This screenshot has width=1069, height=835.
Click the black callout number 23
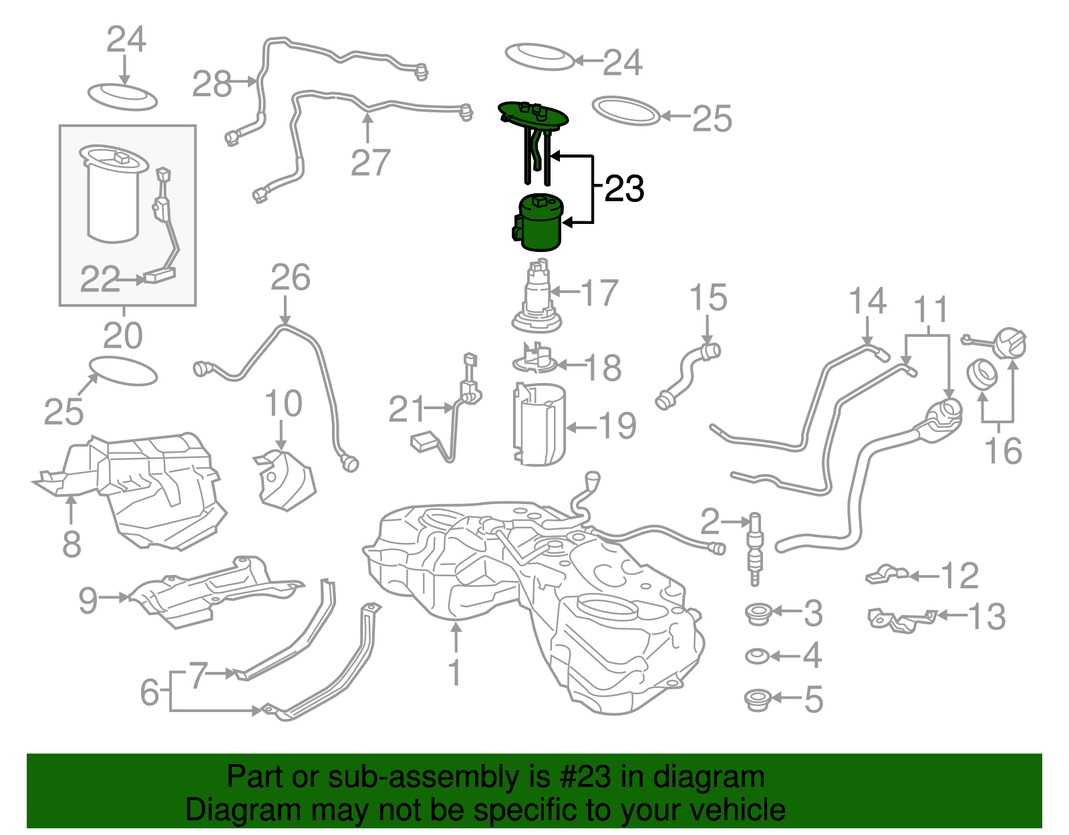coord(624,189)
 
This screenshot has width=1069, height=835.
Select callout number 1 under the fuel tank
coord(454,673)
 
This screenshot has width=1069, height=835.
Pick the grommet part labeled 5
coord(758,700)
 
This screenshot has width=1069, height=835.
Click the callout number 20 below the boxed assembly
coord(123,336)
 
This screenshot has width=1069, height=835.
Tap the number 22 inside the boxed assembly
coord(100,279)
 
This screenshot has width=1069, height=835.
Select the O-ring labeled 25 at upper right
coord(626,111)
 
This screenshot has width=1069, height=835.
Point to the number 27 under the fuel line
coord(370,162)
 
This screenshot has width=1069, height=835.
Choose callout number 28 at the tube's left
coord(212,85)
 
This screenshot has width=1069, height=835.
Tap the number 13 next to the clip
coord(986,616)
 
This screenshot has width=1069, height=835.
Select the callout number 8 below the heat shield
coord(71,544)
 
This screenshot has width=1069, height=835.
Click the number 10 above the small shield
coord(283,404)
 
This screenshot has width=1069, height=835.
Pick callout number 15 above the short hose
coord(708,297)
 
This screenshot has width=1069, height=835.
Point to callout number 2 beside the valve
coord(710,521)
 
